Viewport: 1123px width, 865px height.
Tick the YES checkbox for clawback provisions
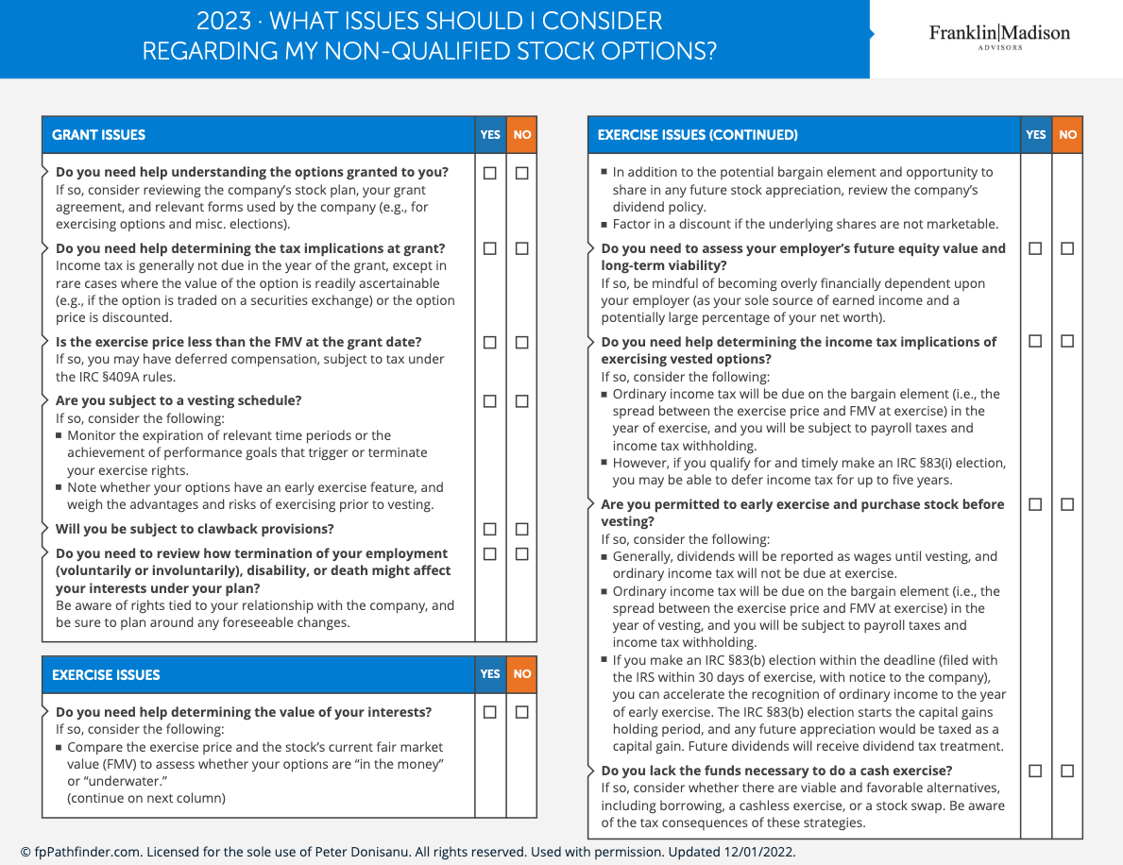tap(490, 529)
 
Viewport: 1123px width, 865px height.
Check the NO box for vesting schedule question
tap(522, 400)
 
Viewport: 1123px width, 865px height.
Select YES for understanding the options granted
tap(490, 173)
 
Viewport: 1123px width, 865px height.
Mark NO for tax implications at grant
tap(522, 248)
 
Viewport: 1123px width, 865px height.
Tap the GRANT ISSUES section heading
tap(99, 135)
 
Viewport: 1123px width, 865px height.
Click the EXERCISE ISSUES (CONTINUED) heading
tap(697, 135)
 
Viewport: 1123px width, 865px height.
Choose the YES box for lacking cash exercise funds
tap(1035, 771)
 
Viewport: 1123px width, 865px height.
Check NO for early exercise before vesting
tap(1067, 504)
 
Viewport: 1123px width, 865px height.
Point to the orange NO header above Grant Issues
tap(522, 135)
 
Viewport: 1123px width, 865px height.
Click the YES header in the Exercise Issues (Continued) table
tap(1036, 135)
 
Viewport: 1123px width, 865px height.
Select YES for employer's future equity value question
tap(1035, 248)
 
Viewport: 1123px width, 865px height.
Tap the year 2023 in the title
tap(224, 22)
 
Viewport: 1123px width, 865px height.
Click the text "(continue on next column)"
tap(146, 798)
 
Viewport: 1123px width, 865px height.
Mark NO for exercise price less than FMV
tap(522, 342)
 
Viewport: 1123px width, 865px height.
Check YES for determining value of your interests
tap(490, 712)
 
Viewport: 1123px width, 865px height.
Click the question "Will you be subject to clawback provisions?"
tap(195, 529)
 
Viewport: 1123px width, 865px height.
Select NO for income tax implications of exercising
tap(1067, 341)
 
